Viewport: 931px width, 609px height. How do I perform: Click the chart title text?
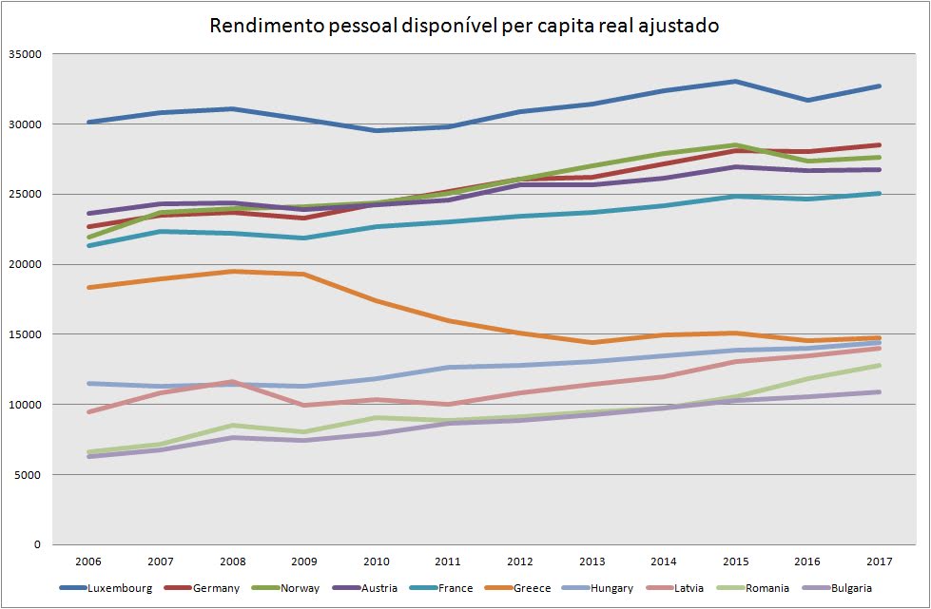coord(464,26)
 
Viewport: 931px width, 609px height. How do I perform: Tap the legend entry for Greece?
coord(533,588)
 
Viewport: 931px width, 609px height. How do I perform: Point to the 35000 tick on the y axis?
coord(24,54)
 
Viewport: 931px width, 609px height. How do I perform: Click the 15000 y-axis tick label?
coord(24,334)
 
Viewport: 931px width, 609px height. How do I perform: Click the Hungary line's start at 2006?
coord(89,383)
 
